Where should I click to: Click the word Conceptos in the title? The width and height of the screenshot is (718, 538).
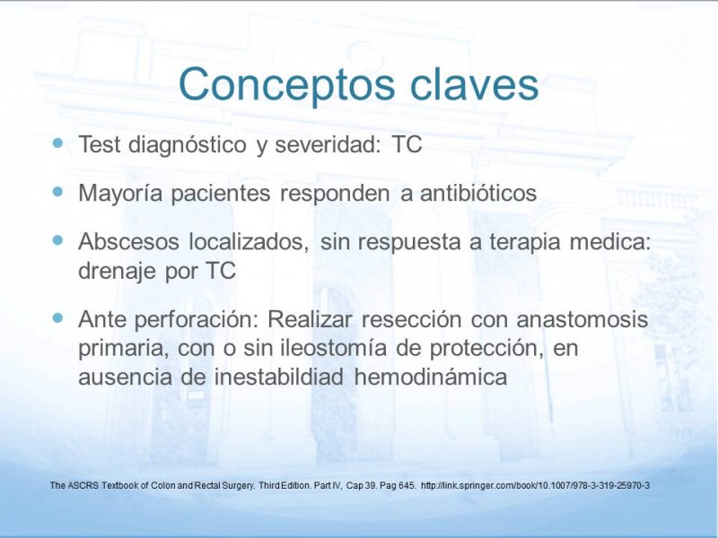tap(286, 85)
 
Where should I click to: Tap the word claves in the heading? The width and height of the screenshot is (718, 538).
tap(474, 83)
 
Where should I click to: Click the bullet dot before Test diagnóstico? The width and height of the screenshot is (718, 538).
tap(57, 143)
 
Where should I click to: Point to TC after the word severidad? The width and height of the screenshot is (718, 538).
tap(407, 144)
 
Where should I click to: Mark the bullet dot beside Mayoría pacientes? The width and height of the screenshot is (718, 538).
tap(57, 191)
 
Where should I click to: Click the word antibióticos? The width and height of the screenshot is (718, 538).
tap(478, 193)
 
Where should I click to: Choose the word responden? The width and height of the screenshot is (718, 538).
tap(335, 194)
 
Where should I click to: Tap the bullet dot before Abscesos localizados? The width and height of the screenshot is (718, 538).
tap(57, 240)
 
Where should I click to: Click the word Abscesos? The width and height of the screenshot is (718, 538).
tap(128, 241)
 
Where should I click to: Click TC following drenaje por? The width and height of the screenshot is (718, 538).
tap(221, 271)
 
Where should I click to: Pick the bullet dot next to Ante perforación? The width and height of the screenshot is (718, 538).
tap(57, 317)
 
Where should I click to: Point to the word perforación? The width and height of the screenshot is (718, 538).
tap(197, 320)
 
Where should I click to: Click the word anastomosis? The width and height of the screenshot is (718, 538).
tap(582, 319)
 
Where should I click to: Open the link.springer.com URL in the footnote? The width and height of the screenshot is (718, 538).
tap(535, 485)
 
